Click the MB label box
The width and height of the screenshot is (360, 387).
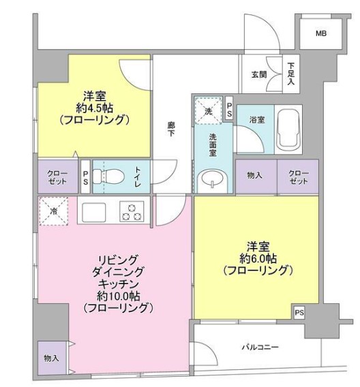[x=320, y=33]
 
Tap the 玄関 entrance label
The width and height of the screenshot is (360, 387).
[x=259, y=75]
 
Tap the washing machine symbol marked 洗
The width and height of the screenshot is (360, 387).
[x=207, y=110]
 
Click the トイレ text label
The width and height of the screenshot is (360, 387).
[x=138, y=177]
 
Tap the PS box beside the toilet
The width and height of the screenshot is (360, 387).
[x=85, y=177]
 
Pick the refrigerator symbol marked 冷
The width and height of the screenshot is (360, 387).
[x=53, y=212]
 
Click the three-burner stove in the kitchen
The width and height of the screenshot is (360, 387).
[x=132, y=212]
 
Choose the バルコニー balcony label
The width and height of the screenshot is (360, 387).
[x=260, y=347]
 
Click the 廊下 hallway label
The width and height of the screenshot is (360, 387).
[x=172, y=129]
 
